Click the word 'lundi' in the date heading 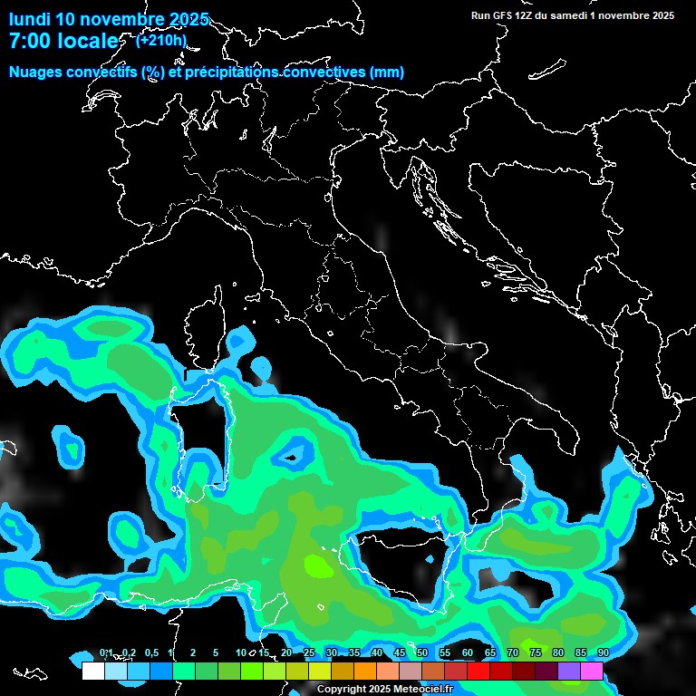30,19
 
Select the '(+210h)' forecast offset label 161,40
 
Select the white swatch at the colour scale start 92,671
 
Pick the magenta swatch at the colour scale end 591,671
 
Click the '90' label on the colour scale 603,653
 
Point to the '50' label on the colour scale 421,653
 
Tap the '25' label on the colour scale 308,653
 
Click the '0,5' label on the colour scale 150,653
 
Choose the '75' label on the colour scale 535,653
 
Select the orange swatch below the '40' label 364,671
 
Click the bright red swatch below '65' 478,671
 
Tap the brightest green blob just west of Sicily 318,566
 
